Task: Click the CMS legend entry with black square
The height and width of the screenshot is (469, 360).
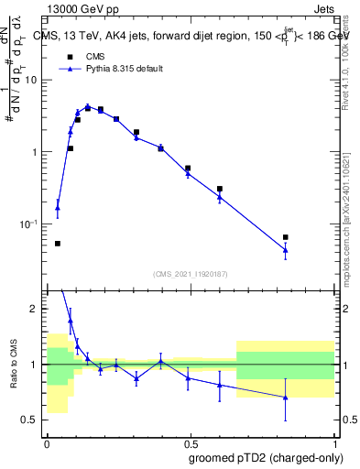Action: pyautogui.click(x=82, y=56)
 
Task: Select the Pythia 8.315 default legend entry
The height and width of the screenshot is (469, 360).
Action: pyautogui.click(x=101, y=69)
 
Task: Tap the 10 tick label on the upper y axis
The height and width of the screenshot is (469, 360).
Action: pyautogui.click(x=33, y=80)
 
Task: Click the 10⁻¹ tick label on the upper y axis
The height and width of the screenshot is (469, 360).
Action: pyautogui.click(x=31, y=224)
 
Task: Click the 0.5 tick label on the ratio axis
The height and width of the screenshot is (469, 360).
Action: pyautogui.click(x=32, y=420)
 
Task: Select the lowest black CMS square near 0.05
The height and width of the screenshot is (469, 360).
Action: pyautogui.click(x=58, y=244)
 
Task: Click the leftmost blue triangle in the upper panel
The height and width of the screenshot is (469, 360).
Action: pyautogui.click(x=58, y=208)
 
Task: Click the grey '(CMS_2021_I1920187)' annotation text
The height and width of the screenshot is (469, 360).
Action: pyautogui.click(x=190, y=273)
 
